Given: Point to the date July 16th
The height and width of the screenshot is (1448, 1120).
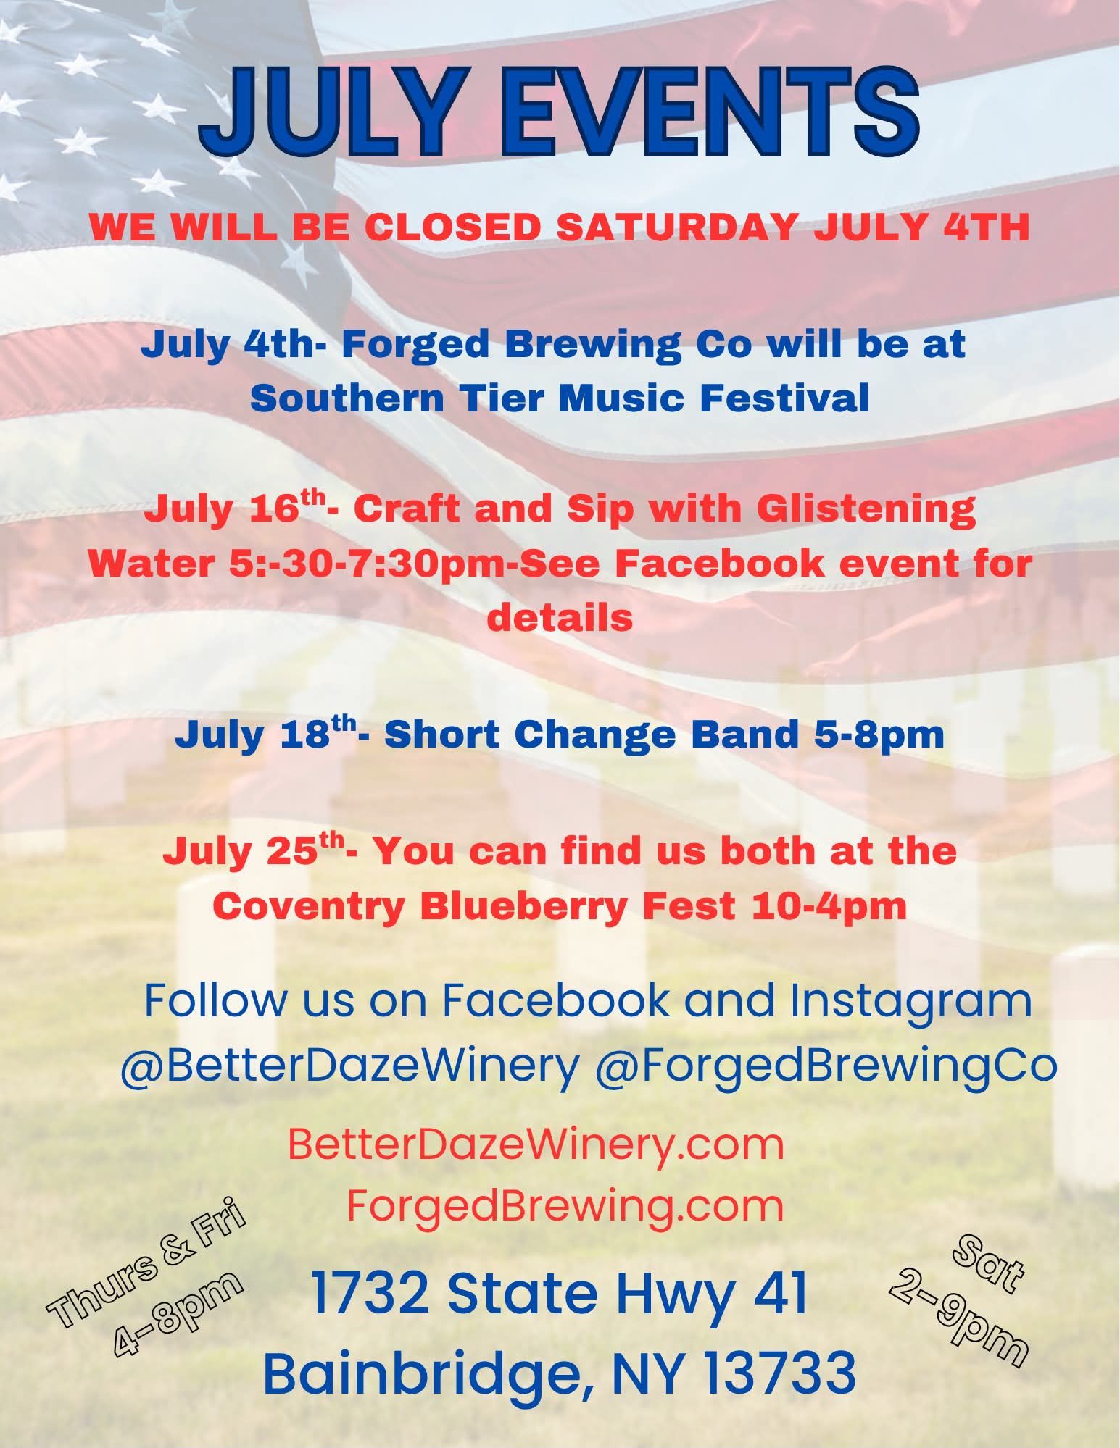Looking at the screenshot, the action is click(x=235, y=509).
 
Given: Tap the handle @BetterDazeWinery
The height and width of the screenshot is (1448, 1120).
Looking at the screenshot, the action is click(x=350, y=1066).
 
